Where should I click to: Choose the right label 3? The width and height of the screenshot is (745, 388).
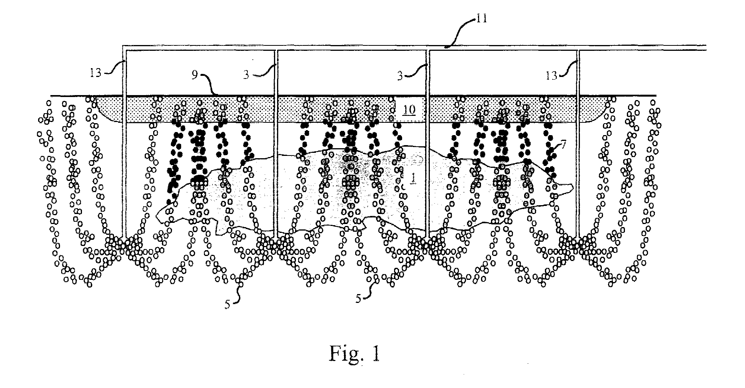[x=401, y=76]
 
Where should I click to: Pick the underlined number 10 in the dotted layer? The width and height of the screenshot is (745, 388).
[x=409, y=110]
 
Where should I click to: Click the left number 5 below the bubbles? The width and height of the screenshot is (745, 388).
[x=228, y=304]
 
